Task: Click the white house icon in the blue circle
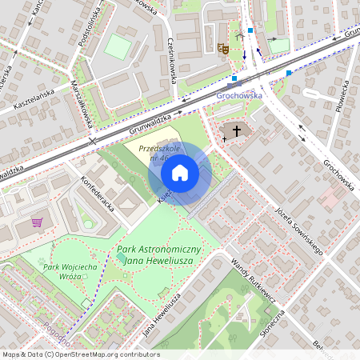(x=180, y=173)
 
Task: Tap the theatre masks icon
(x=223, y=49)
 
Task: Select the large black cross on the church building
(x=237, y=130)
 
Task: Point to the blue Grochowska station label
(x=240, y=95)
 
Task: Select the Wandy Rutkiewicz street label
(x=254, y=278)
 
